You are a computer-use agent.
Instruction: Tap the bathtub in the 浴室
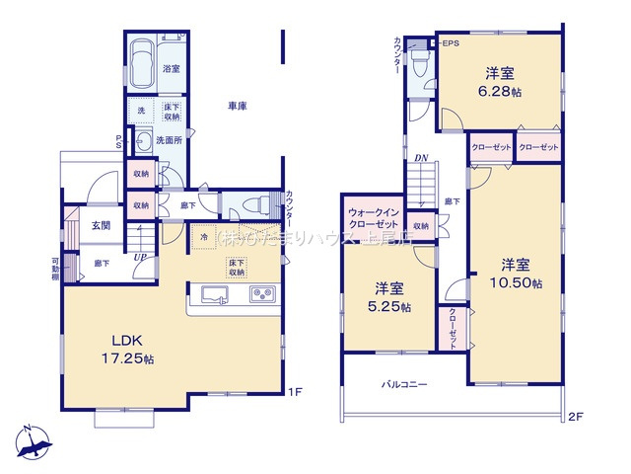pyautogui.click(x=141, y=55)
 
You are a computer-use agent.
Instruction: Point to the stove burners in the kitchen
pyautogui.click(x=263, y=293)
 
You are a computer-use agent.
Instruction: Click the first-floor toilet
pyautogui.click(x=251, y=205)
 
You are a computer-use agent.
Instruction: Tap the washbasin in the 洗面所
pyautogui.click(x=142, y=139)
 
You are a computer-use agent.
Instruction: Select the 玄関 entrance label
pyautogui.click(x=102, y=225)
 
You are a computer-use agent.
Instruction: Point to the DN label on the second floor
pyautogui.click(x=420, y=158)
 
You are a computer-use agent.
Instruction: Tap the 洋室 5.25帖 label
pyautogui.click(x=387, y=297)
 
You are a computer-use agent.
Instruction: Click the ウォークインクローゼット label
pyautogui.click(x=373, y=219)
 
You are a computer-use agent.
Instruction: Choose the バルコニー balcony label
pyautogui.click(x=403, y=384)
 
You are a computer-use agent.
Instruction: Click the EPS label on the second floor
pyautogui.click(x=450, y=44)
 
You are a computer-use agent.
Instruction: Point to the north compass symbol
pyautogui.click(x=33, y=441)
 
